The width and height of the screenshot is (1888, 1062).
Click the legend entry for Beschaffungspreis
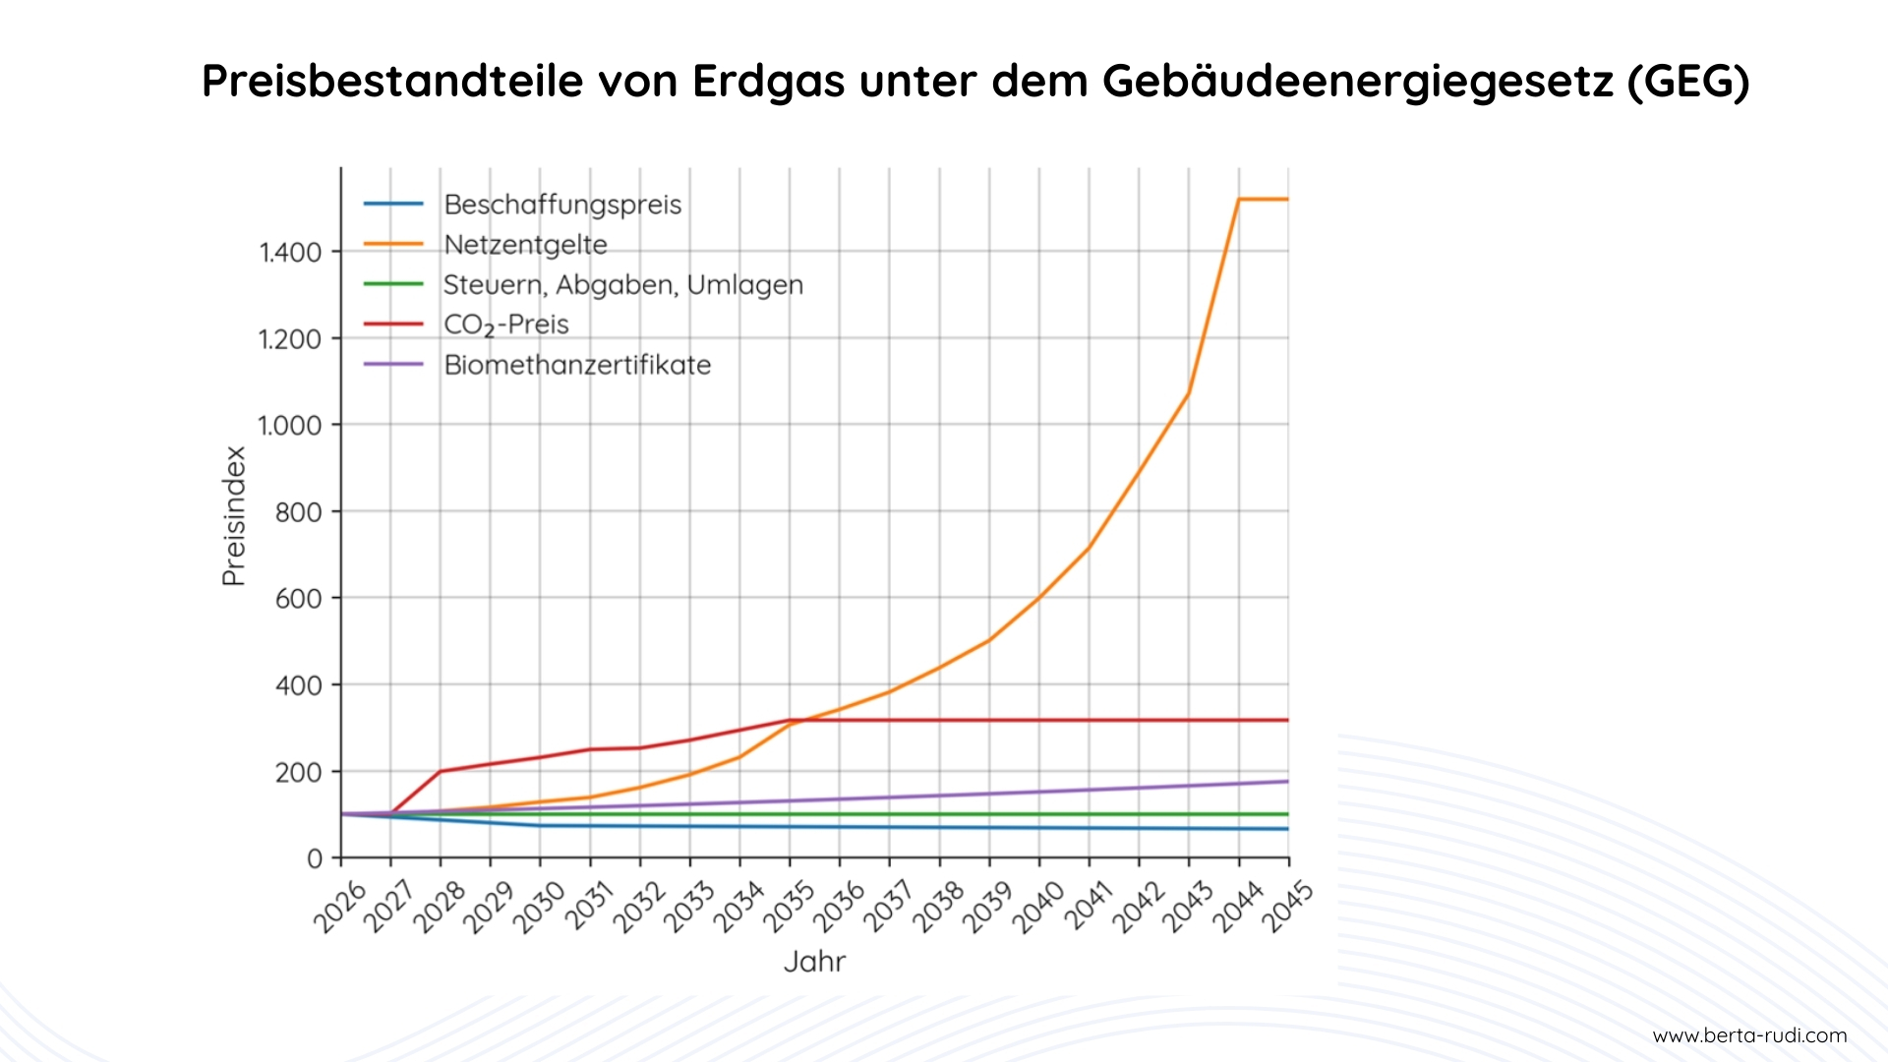[561, 205]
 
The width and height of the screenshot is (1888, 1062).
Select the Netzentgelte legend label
[525, 245]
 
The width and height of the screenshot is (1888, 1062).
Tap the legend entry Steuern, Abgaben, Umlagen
[622, 285]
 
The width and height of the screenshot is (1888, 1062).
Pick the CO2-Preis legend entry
[505, 324]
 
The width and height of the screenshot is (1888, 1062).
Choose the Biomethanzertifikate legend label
[577, 365]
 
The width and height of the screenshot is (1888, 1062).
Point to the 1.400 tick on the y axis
[291, 253]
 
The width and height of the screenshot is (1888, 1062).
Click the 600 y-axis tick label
[299, 599]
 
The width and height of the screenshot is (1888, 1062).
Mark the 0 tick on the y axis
[315, 859]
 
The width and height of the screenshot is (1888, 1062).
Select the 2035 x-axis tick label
[790, 907]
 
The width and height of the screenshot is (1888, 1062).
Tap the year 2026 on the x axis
[340, 907]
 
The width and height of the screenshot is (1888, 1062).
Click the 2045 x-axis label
[1287, 907]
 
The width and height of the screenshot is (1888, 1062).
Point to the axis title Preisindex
[234, 516]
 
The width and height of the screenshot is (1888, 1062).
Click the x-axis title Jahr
[814, 962]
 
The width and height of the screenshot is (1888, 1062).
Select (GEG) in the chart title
[1688, 81]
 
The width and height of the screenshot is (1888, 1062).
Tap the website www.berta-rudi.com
[1749, 1035]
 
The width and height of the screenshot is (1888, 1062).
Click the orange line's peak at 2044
[1239, 200]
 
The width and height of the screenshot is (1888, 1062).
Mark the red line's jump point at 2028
[441, 771]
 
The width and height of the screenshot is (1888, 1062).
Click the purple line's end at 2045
[1287, 782]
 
